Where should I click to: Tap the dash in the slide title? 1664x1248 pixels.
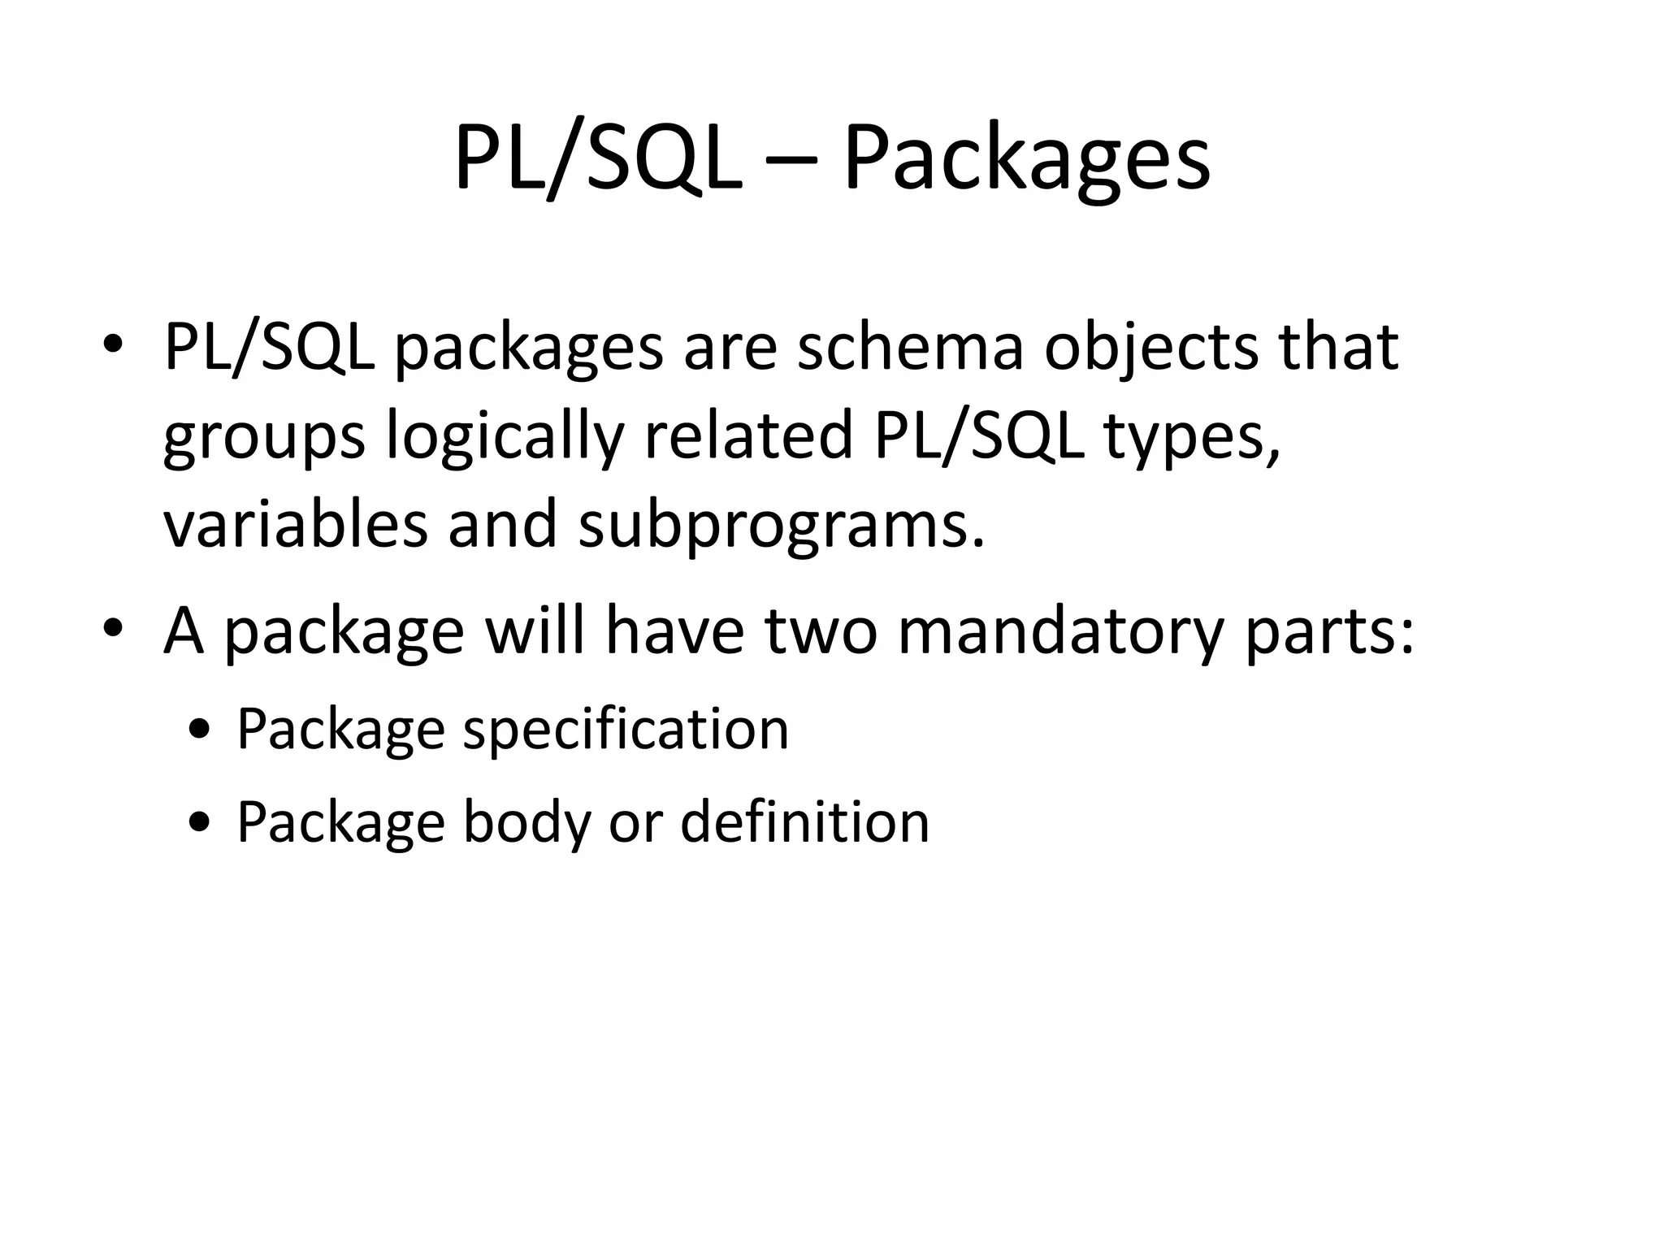coord(791,158)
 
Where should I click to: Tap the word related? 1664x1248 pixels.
coord(748,435)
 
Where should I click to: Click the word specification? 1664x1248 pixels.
coord(626,729)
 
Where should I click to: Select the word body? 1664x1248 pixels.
coord(526,823)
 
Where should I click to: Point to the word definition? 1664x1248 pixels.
coord(804,821)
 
